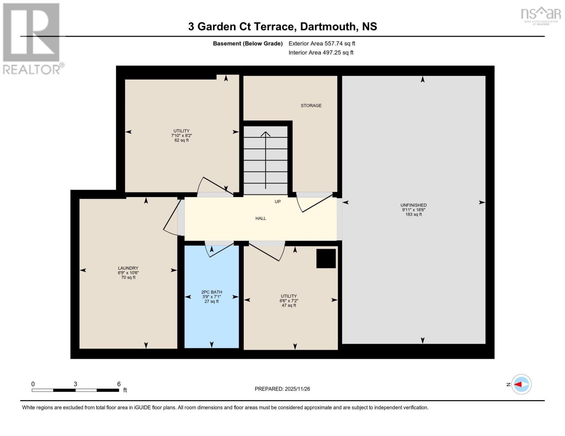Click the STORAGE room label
311,105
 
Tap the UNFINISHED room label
413,205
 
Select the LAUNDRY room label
128,268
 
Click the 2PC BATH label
211,292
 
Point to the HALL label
260,218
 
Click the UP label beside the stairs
278,202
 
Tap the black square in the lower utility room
326,258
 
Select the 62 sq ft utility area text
182,140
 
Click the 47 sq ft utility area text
289,306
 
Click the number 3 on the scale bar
75,384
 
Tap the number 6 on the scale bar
119,384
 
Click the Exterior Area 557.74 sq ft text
322,44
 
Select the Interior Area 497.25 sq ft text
321,53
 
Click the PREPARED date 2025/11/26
282,389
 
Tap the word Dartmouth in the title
329,27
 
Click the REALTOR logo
32,38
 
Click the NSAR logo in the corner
541,15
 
